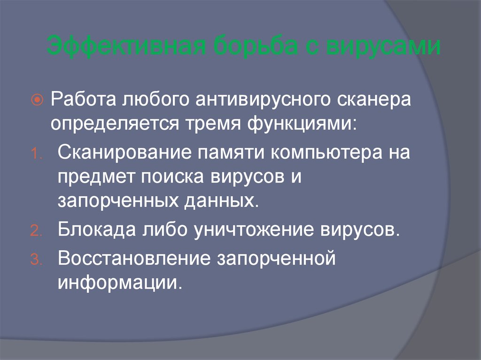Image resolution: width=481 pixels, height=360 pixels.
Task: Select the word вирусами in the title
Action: click(x=387, y=48)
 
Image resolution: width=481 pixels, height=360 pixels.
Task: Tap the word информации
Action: click(x=119, y=283)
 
